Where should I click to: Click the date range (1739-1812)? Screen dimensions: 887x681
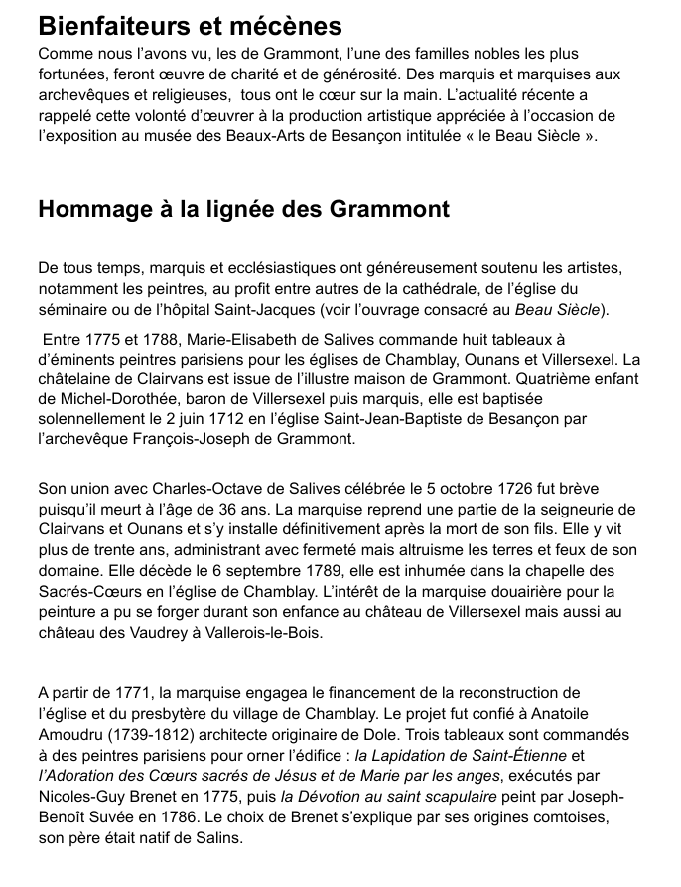click(156, 733)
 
